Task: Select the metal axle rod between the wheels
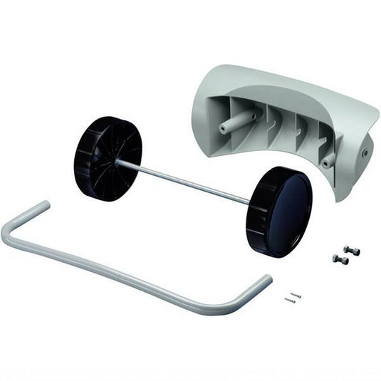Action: [x=192, y=182]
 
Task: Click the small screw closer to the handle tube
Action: [x=289, y=300]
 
